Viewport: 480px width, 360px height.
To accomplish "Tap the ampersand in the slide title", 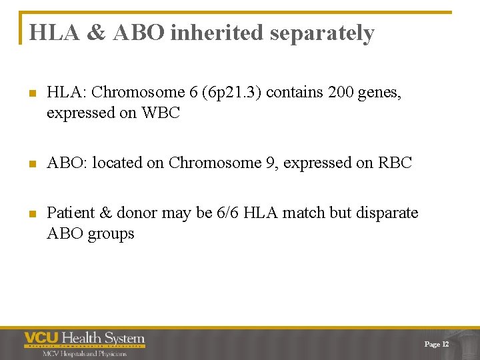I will coord(96,33).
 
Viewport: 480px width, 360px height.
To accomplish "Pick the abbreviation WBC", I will coord(161,113).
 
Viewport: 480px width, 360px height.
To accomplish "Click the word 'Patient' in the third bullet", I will coord(71,213).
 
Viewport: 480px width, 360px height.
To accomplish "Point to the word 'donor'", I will coord(135,213).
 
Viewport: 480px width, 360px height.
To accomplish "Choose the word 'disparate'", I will coord(387,213).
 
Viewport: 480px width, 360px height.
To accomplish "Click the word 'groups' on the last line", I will coord(111,234).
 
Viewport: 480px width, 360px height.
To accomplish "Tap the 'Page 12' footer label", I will coord(437,344).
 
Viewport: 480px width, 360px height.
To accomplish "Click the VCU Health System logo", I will coord(85,339).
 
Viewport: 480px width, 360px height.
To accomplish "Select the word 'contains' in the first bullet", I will coord(297,93).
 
